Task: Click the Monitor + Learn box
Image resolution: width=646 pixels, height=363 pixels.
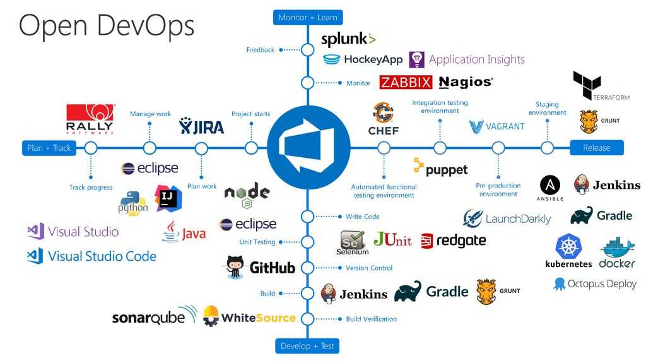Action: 308,17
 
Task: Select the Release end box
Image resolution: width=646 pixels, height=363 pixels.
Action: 596,148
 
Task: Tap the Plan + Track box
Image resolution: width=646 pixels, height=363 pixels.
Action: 49,148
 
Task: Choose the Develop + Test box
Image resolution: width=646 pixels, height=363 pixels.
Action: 307,346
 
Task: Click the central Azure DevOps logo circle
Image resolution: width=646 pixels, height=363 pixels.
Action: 308,148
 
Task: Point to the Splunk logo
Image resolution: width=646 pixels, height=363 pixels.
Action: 348,39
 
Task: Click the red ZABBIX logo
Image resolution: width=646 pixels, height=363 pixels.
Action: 406,82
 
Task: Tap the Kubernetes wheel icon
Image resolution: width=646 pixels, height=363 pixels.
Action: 568,246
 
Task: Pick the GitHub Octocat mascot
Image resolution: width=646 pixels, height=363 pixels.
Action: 235,266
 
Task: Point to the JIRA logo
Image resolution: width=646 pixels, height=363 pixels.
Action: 202,126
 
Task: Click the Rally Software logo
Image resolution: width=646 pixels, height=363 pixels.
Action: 90,119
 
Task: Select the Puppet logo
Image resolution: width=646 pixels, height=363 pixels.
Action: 441,168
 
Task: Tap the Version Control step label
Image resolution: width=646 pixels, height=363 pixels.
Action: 369,268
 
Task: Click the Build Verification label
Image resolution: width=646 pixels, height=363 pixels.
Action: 372,319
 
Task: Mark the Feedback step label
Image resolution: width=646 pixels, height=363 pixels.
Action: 260,50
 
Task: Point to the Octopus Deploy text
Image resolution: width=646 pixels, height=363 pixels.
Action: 602,284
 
